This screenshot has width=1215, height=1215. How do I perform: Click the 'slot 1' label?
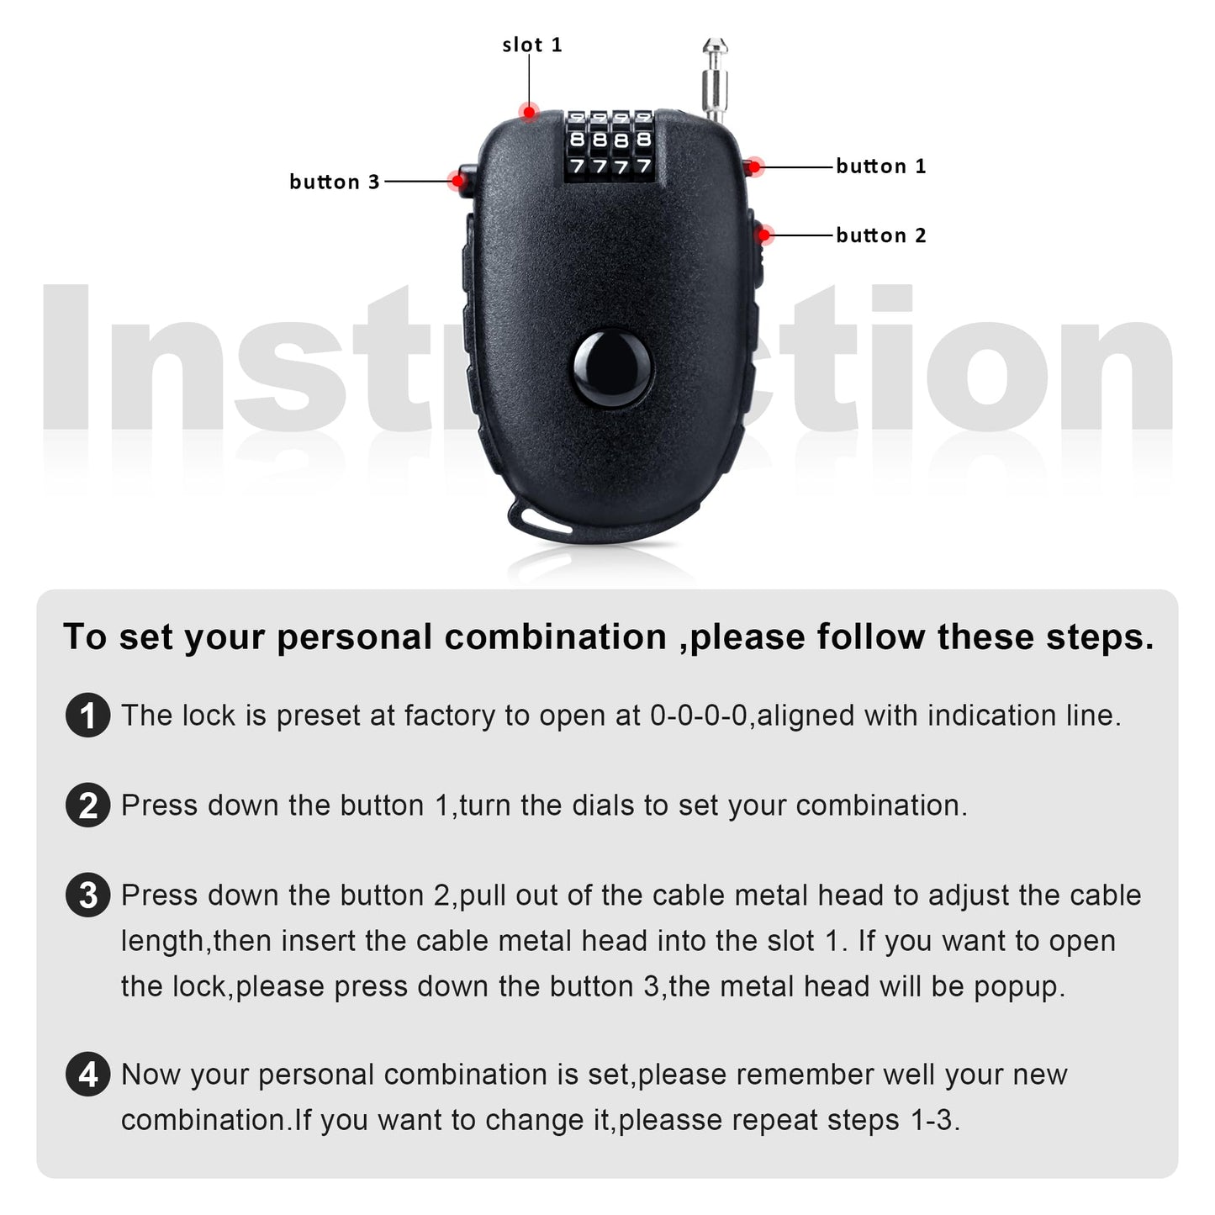pyautogui.click(x=531, y=45)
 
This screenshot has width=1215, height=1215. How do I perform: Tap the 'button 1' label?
pyautogui.click(x=880, y=166)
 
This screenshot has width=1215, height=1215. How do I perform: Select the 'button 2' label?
pyautogui.click(x=880, y=235)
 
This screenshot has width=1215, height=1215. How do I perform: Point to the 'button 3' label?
pyautogui.click(x=334, y=182)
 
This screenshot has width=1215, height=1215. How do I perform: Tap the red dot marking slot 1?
pyautogui.click(x=529, y=111)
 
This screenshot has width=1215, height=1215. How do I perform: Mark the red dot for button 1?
pyautogui.click(x=754, y=166)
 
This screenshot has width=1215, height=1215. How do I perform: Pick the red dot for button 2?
pyautogui.click(x=764, y=235)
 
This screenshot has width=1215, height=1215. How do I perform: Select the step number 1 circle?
pyautogui.click(x=87, y=716)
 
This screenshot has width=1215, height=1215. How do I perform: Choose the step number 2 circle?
pyautogui.click(x=87, y=806)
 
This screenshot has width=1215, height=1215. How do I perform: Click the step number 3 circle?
pyautogui.click(x=87, y=895)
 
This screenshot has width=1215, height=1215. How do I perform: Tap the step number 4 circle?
pyautogui.click(x=87, y=1075)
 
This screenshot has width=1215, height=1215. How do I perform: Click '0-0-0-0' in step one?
pyautogui.click(x=699, y=716)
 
